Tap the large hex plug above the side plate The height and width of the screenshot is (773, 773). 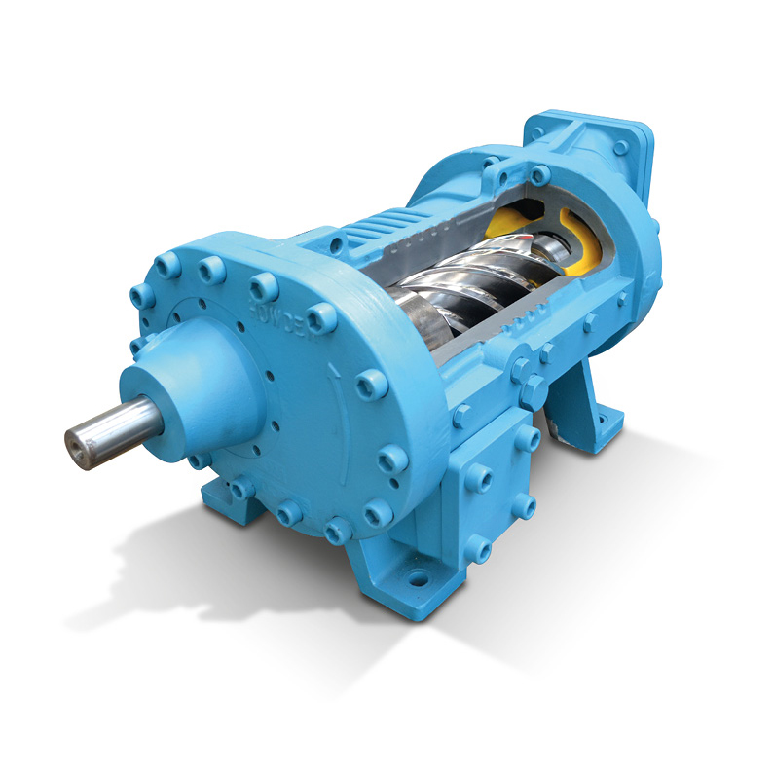(530, 390)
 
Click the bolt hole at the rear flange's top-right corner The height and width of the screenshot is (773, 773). (622, 147)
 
